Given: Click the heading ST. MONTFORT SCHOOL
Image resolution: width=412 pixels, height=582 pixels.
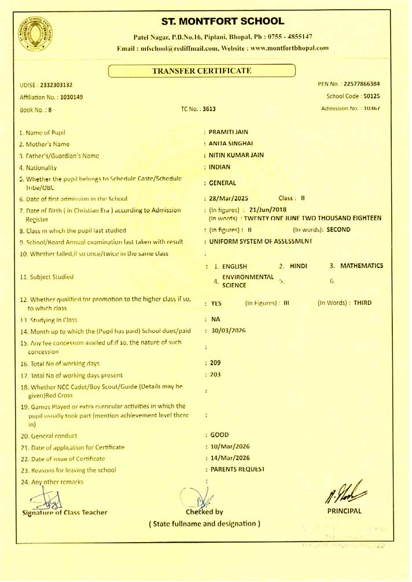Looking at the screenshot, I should pyautogui.click(x=223, y=22).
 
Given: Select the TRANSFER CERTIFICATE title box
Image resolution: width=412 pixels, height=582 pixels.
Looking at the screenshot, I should pyautogui.click(x=201, y=71).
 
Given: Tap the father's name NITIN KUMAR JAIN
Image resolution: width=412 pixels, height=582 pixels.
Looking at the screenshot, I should pyautogui.click(x=237, y=155).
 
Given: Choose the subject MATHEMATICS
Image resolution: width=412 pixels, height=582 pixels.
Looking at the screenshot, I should pyautogui.click(x=361, y=266).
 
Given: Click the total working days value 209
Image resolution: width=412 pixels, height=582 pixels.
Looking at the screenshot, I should pyautogui.click(x=215, y=363).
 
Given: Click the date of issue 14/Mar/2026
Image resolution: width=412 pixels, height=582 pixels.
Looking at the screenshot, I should pyautogui.click(x=230, y=457).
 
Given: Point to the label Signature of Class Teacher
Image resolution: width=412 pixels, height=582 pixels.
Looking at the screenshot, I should pyautogui.click(x=64, y=512).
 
